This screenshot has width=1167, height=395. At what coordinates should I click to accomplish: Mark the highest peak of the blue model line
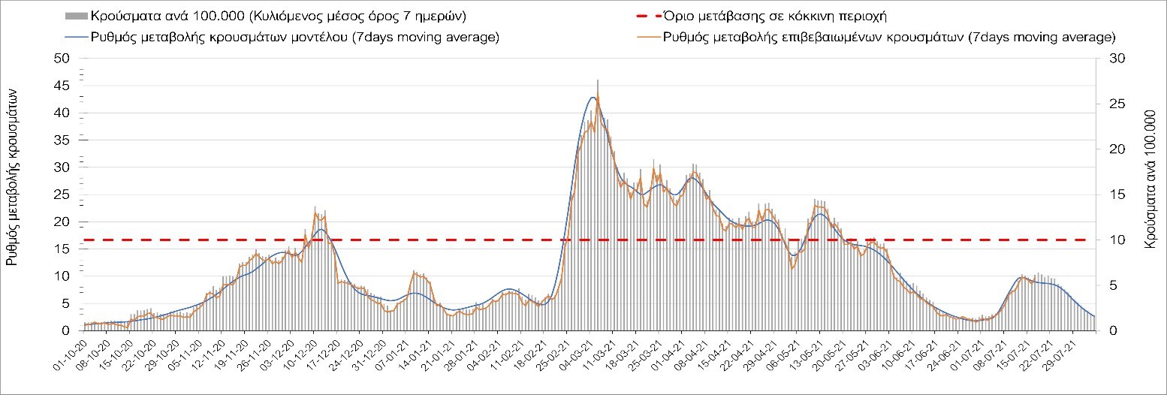[x=593, y=98]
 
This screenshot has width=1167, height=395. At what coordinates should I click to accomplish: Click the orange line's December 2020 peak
[x=315, y=214]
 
